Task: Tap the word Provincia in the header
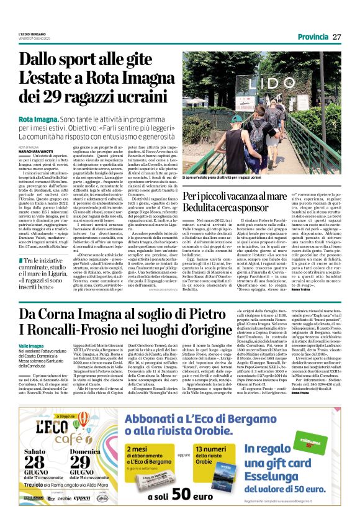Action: (313, 36)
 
